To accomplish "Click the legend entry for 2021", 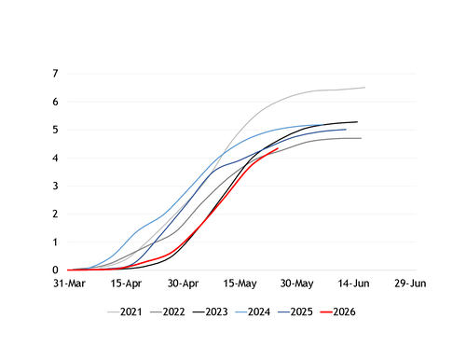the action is (x=125, y=312).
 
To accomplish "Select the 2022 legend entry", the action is (x=168, y=312).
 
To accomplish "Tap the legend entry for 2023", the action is (x=210, y=312).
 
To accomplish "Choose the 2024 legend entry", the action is (x=253, y=312).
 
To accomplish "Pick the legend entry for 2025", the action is (x=295, y=312).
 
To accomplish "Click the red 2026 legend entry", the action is (x=337, y=312).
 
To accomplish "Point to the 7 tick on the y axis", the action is (x=55, y=74).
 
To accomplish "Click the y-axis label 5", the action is (x=55, y=130).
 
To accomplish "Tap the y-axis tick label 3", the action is (x=55, y=186).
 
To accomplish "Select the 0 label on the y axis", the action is (x=55, y=270).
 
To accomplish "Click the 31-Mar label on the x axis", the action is (x=69, y=284).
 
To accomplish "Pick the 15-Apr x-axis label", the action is (x=126, y=284).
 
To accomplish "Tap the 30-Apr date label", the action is (x=183, y=284).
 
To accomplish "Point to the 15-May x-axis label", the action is (x=240, y=284).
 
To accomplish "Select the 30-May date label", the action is (x=297, y=284).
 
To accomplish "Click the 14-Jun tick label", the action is (x=354, y=284).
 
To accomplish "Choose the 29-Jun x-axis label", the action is (x=410, y=284).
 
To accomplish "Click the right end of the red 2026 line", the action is (x=278, y=148).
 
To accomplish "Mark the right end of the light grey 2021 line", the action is (x=364, y=88).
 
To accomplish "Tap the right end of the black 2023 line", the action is (x=357, y=122).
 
